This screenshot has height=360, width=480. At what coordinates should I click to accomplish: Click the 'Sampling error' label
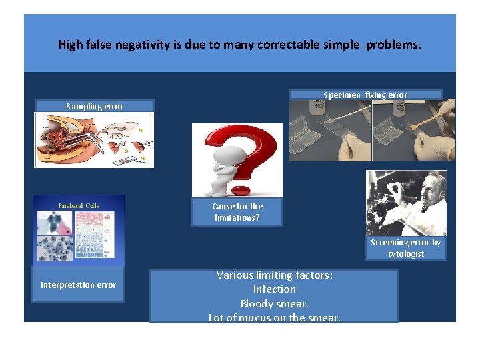[x=94, y=106]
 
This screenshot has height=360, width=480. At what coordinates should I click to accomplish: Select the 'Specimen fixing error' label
[x=365, y=95]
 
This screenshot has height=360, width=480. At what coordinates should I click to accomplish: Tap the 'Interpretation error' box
[x=78, y=285]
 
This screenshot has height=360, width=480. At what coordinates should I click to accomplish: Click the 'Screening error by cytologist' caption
[x=405, y=248]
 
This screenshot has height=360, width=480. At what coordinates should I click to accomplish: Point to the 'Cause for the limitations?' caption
[x=237, y=212]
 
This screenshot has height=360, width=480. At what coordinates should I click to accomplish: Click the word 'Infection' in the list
[x=274, y=289]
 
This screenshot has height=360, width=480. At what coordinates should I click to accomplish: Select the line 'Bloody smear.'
[x=274, y=303]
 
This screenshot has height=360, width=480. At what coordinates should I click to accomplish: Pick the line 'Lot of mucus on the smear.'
[x=274, y=317]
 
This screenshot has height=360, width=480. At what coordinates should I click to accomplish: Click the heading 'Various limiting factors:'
[x=274, y=275]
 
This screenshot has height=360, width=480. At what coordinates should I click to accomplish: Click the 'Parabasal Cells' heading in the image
[x=78, y=205]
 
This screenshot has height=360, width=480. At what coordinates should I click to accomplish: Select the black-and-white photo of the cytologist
[x=405, y=203]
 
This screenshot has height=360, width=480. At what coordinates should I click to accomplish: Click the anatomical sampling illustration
[x=94, y=139]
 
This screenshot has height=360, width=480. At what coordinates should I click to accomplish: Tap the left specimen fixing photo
[x=330, y=130]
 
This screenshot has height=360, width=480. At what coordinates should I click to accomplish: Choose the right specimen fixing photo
[x=413, y=130]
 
